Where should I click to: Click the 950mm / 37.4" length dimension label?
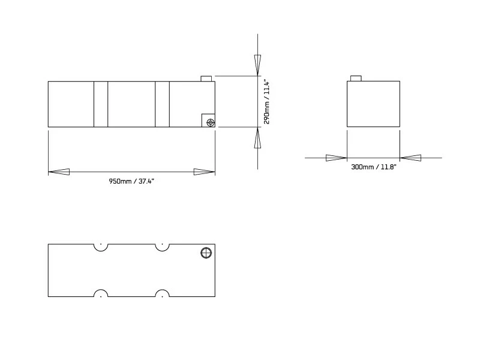[131, 181]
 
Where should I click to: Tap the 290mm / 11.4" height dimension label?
[267, 103]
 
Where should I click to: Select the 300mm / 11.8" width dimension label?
[373, 167]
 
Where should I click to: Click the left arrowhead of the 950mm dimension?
[59, 172]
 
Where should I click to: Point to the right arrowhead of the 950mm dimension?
[204, 172]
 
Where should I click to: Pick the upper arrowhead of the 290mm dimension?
[258, 65]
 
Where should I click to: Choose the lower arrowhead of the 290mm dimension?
[258, 138]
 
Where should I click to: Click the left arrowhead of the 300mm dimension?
[336, 158]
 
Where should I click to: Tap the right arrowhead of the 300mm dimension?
[410, 158]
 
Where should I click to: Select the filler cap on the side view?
[206, 79]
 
